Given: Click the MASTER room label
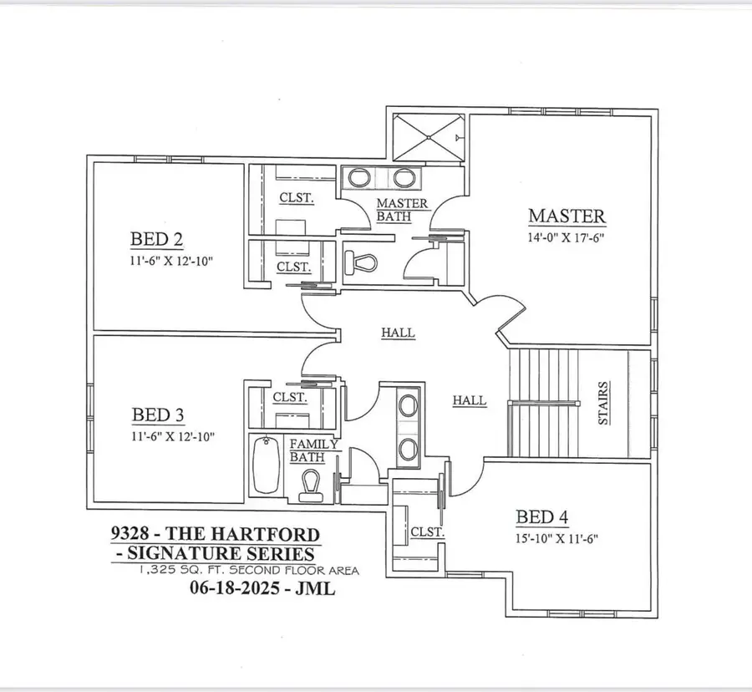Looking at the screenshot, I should [567, 216].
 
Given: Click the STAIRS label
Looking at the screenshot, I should [603, 404].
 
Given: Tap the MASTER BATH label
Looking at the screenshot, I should [402, 210].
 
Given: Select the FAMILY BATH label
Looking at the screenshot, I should [313, 450].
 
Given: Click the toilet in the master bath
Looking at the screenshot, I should [363, 262].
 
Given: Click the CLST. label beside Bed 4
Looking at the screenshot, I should [427, 532].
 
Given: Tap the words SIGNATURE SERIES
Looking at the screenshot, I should [218, 552].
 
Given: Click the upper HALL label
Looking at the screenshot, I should [398, 332].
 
